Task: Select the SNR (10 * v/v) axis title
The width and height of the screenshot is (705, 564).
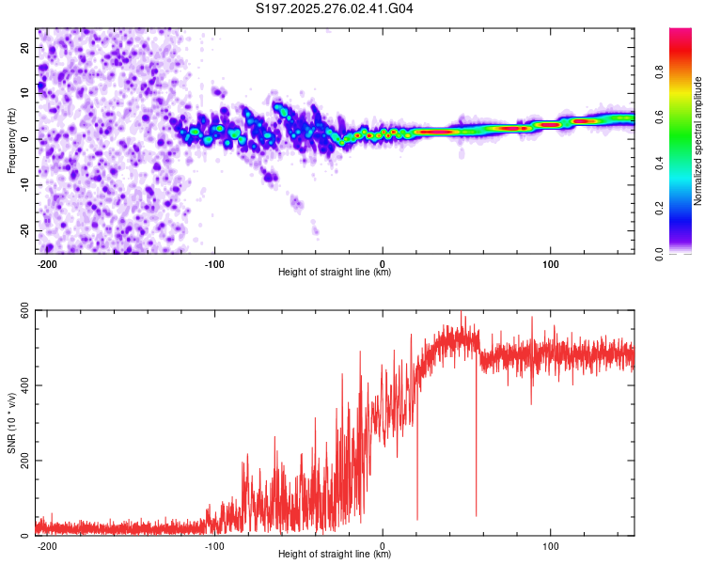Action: pos(11,423)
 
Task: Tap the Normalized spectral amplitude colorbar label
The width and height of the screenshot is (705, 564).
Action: pos(698,141)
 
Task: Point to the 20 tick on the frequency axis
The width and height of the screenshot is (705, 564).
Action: pos(25,47)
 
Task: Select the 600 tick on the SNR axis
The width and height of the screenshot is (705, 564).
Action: pos(21,310)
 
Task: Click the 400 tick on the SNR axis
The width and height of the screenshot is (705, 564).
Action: pos(21,385)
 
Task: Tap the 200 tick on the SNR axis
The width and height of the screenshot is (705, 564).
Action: pos(21,461)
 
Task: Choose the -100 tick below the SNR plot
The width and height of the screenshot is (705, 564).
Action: pos(214,545)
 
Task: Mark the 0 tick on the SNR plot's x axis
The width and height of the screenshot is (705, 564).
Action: pos(383,545)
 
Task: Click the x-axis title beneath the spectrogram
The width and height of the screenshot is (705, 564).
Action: pos(335,274)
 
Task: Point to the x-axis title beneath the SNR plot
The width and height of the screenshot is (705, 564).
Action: pos(335,555)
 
